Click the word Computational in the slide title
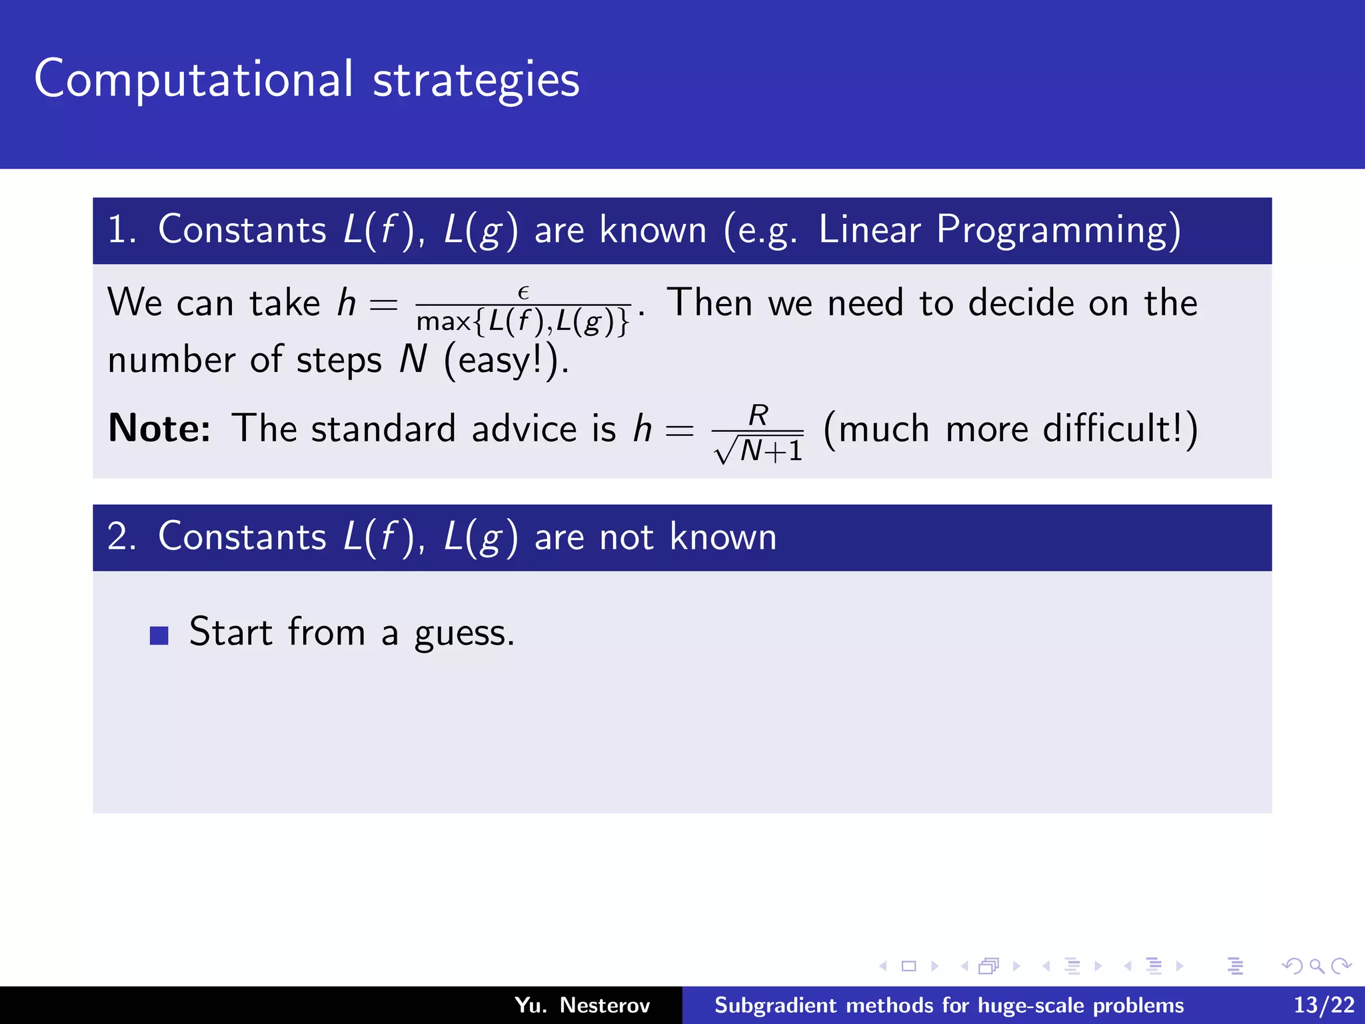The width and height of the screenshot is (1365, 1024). pos(193,79)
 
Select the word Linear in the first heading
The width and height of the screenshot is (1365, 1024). pos(869,229)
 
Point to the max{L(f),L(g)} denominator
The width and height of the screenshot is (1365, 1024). pos(523,322)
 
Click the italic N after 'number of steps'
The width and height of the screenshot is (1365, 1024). pos(413,360)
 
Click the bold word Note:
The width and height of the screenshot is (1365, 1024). pos(159,428)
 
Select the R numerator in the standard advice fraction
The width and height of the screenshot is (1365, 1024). pos(758,415)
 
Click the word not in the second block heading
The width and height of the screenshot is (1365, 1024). pos(626,537)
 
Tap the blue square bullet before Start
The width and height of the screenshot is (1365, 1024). pos(159,635)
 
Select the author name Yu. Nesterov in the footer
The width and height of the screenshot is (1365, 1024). pos(582,1005)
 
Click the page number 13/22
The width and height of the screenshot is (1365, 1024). pos(1324,1005)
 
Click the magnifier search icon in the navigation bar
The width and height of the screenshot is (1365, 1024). pos(1316,966)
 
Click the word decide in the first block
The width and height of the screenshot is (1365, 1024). pos(1020,303)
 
